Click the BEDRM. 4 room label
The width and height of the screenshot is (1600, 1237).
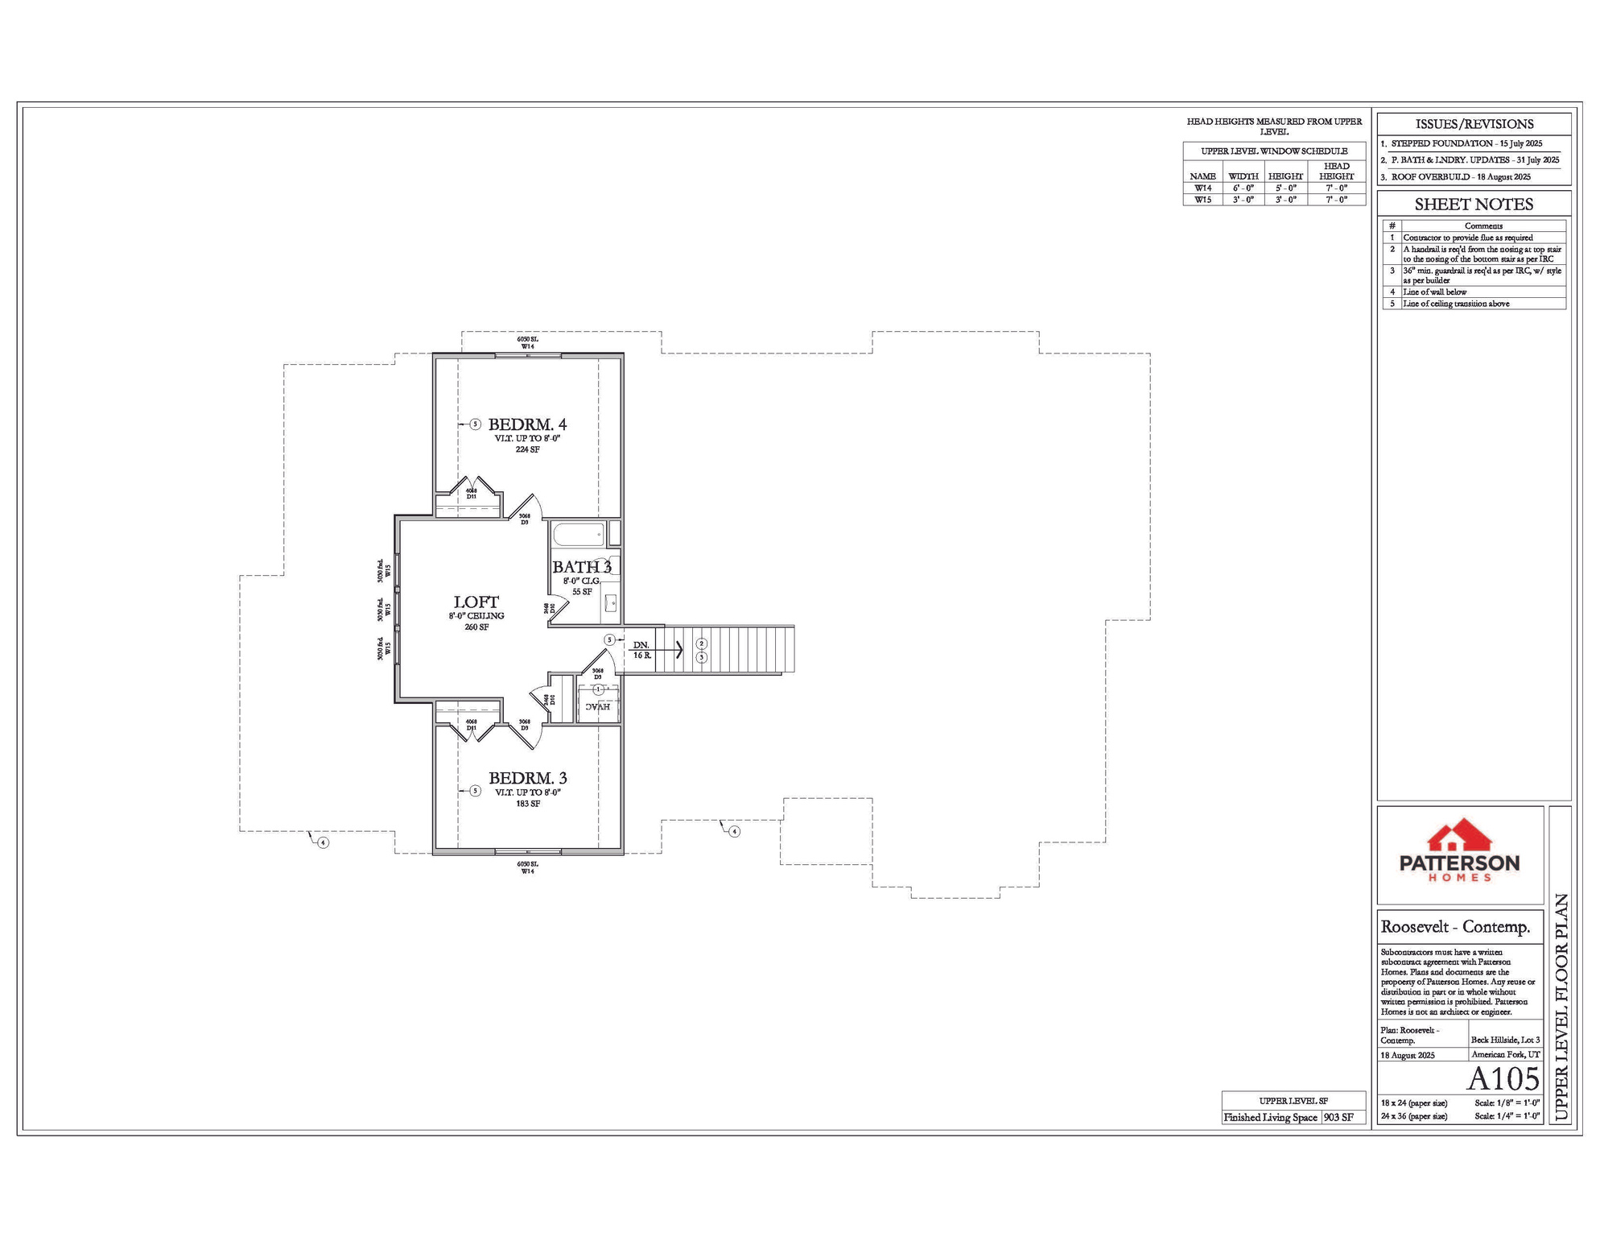click(527, 424)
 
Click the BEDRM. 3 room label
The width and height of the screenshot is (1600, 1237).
click(528, 779)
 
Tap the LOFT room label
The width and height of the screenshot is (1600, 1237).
click(476, 602)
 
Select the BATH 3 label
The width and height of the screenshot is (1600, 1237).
click(582, 567)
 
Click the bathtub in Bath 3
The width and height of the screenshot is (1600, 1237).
click(578, 535)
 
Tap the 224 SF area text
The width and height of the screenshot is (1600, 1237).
click(528, 450)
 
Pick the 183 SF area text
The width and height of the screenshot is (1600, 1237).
click(528, 804)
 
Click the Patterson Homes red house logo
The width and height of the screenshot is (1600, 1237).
click(1459, 837)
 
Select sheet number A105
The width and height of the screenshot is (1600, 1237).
click(1503, 1079)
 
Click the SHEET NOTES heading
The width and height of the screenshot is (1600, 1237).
click(1474, 205)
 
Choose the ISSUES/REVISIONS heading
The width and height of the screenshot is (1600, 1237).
click(1474, 124)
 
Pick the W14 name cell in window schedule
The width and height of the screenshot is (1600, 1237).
click(1202, 188)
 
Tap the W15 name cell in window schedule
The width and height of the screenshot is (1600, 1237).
click(1202, 200)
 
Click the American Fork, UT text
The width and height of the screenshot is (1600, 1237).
click(1505, 1055)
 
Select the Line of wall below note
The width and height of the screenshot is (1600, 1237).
click(1435, 292)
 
